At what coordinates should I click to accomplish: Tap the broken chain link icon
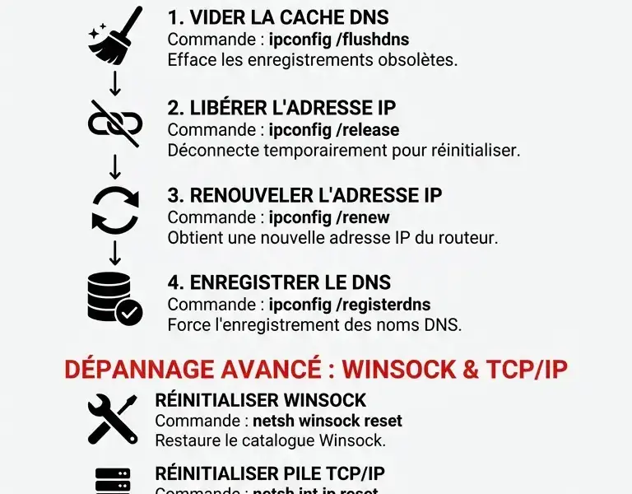tap(115, 123)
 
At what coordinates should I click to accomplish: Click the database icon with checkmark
tap(114, 297)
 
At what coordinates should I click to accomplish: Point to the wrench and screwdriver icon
tap(113, 417)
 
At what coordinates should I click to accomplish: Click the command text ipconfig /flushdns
tap(339, 39)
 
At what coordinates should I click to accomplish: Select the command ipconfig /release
tap(334, 130)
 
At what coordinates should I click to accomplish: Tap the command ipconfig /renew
tap(329, 217)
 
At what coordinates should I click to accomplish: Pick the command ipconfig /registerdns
tap(350, 305)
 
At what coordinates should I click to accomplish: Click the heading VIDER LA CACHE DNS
tap(278, 17)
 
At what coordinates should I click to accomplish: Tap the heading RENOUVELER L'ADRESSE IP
tap(304, 195)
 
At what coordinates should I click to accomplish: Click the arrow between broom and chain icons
tap(115, 81)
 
